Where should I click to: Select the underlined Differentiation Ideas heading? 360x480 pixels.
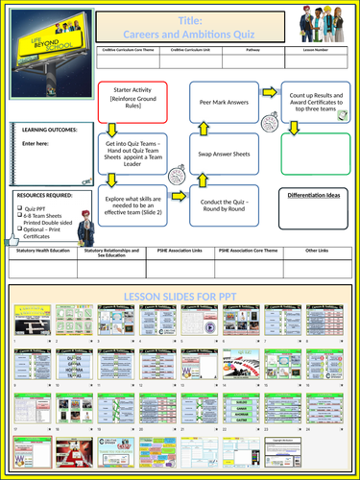[315, 195]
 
